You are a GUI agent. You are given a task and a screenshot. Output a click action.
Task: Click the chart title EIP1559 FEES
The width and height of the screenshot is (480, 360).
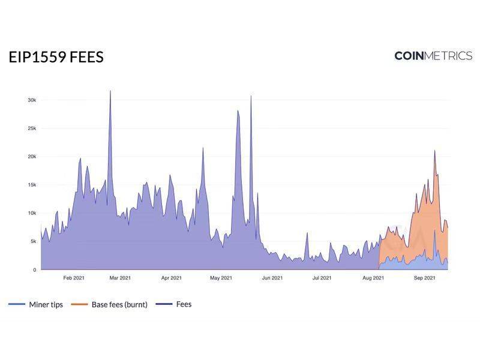pos(56,57)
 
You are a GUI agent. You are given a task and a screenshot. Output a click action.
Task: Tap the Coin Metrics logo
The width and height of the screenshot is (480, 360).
pos(433,56)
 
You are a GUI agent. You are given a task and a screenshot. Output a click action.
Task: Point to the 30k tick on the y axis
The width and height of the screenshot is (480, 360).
pos(32,100)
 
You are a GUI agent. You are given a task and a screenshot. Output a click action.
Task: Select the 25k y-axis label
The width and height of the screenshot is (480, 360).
pos(32,128)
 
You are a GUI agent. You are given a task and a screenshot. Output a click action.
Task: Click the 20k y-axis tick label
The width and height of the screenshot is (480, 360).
pos(32,157)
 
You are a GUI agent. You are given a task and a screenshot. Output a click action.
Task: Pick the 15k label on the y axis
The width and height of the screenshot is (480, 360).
pos(32,185)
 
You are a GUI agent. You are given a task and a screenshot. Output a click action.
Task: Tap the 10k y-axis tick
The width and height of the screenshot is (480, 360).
pos(32,213)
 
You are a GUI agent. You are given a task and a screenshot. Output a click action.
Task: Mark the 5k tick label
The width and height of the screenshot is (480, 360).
pos(33,241)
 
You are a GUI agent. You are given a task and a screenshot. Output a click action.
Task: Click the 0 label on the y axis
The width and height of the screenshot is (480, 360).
pos(34,270)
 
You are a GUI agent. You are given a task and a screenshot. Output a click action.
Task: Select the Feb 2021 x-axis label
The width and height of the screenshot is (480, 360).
pos(74,278)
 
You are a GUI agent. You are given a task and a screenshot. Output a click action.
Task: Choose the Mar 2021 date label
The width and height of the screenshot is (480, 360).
pos(121,278)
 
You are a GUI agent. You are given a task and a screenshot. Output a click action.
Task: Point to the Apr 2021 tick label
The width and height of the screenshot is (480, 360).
pos(172,278)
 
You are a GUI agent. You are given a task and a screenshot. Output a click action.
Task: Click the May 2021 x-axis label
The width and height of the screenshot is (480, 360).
pos(221,278)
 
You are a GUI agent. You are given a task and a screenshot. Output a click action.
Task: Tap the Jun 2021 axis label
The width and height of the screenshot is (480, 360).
pos(272,278)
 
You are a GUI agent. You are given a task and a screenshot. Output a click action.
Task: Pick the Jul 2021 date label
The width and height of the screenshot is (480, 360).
pos(322,278)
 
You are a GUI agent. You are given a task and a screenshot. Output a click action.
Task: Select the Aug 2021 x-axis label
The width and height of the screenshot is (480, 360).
pos(373,278)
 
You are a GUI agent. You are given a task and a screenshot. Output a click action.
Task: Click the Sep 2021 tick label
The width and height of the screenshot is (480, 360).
pos(425,278)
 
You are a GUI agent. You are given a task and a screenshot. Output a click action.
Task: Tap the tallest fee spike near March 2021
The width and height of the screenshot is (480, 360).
pos(110,92)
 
